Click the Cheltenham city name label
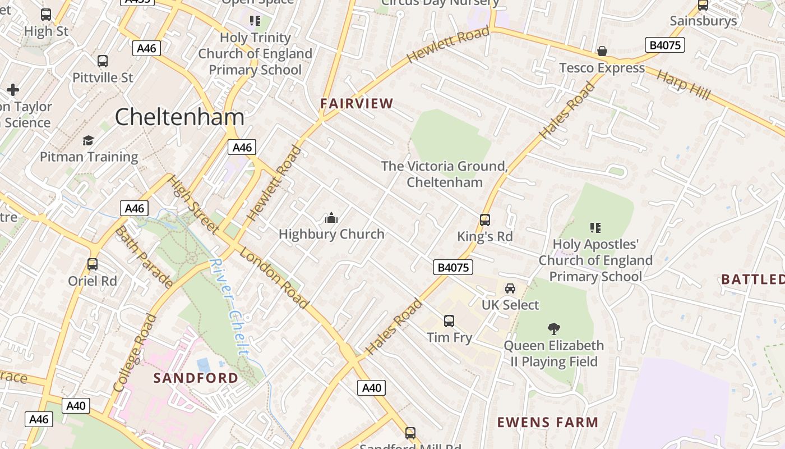179,117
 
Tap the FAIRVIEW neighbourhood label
357,103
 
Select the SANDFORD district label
196,378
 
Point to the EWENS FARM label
548,422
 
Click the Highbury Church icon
331,218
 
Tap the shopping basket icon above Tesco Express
602,52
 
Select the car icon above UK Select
510,288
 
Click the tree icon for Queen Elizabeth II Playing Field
554,329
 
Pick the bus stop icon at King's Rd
485,220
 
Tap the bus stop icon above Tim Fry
449,321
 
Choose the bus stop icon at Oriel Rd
93,264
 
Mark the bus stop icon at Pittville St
103,61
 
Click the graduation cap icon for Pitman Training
89,140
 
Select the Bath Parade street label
144,257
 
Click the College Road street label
135,352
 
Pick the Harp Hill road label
683,85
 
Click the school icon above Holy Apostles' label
595,228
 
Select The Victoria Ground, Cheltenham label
444,174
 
